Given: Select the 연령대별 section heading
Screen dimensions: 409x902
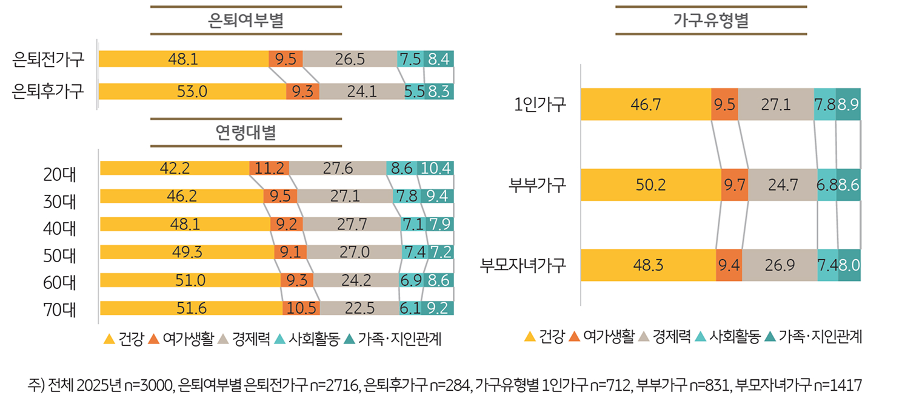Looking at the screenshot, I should (246, 133).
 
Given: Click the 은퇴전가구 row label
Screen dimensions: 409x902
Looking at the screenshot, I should (48, 59).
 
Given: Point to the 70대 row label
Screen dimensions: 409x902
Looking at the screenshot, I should (59, 309).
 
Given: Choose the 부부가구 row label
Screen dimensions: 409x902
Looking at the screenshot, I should (537, 184).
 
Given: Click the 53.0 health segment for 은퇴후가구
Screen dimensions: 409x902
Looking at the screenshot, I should (192, 92).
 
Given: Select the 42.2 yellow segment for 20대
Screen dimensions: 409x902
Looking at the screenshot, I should (175, 169).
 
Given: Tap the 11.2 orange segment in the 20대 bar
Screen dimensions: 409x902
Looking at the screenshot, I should (269, 169).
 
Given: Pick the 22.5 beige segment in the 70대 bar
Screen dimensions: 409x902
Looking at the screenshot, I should (358, 308).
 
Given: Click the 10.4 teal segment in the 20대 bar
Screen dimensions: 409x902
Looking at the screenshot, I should (435, 169).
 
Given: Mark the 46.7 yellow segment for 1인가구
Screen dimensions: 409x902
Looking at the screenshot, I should (645, 104).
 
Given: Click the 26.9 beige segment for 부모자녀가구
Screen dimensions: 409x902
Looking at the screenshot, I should (779, 265).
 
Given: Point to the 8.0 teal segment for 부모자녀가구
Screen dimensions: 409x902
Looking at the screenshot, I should (849, 265).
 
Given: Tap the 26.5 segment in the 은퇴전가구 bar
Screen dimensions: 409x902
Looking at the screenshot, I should (350, 59).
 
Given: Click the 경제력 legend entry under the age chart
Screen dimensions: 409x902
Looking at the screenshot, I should (244, 339).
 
